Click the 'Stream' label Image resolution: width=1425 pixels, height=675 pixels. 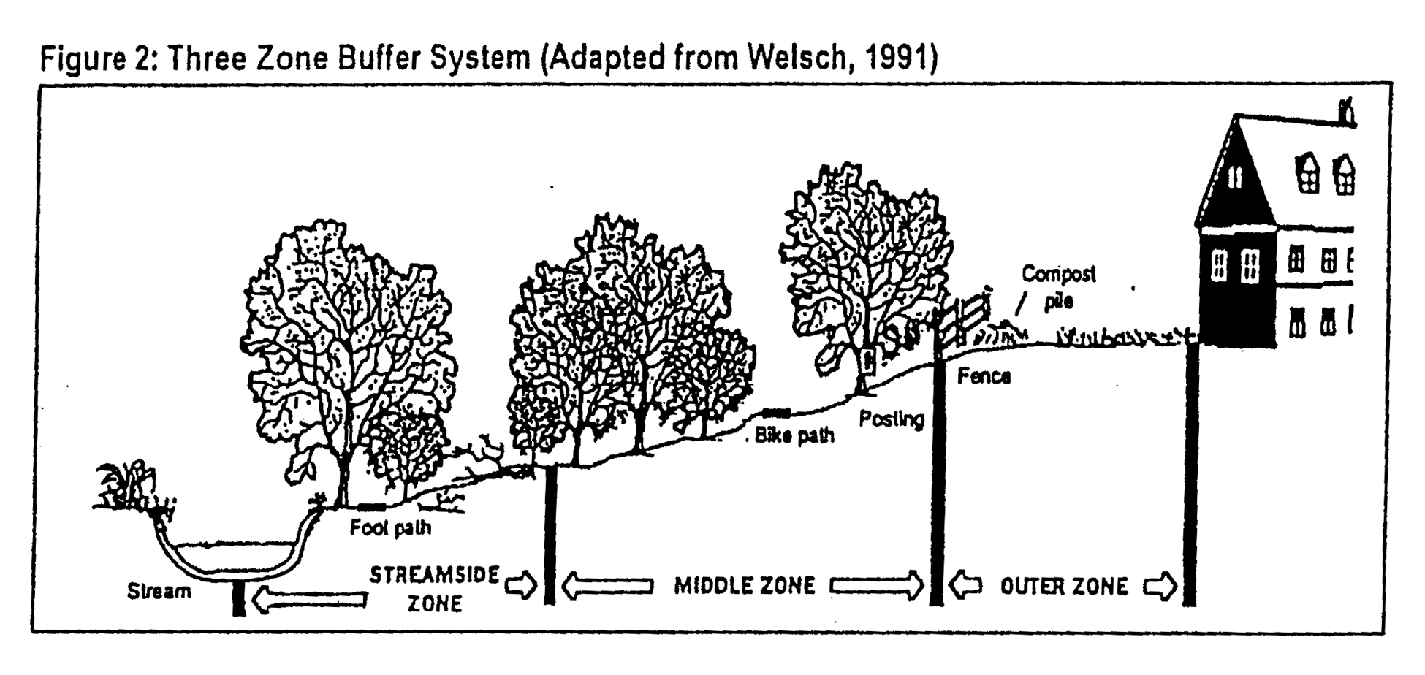159,591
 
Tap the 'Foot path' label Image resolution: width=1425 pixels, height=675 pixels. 390,527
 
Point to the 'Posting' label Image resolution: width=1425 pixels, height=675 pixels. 891,419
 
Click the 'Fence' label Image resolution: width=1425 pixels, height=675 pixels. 984,376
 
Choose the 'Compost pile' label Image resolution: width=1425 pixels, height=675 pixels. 1058,286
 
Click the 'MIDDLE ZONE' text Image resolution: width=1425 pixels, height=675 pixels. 744,586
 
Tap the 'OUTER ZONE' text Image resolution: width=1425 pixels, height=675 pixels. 1064,587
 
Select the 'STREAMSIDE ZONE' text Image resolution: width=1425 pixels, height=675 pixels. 435,589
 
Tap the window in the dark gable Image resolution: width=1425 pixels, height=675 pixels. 1234,176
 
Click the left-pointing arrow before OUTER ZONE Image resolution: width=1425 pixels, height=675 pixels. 965,586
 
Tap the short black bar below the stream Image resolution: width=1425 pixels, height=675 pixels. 238,599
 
